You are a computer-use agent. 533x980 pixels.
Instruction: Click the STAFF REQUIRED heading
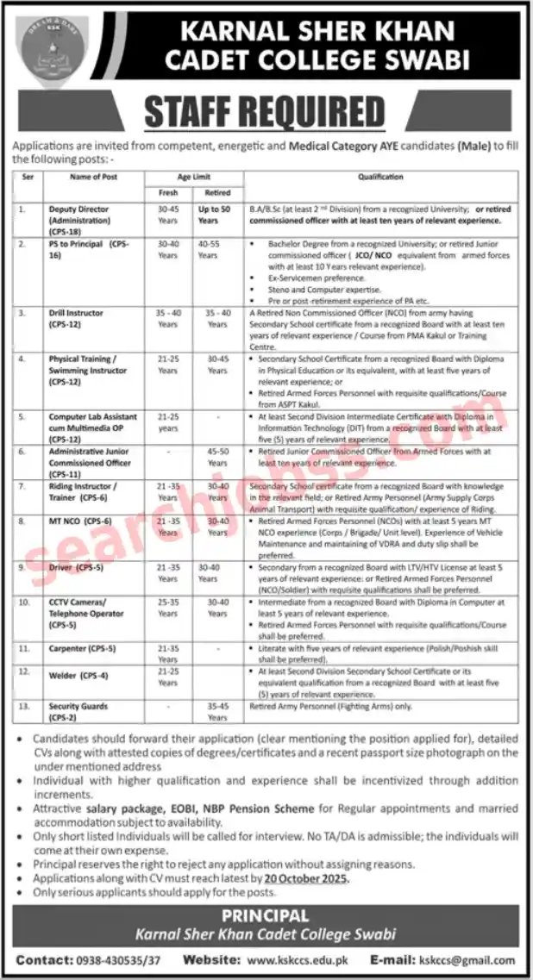click(x=265, y=112)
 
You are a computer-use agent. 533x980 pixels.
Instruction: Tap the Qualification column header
click(x=380, y=177)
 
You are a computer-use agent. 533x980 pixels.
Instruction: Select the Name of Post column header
click(x=94, y=177)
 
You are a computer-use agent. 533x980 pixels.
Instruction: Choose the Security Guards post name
click(x=78, y=706)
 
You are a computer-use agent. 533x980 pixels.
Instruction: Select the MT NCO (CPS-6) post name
click(x=81, y=521)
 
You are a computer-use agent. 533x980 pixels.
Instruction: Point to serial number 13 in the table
click(x=26, y=706)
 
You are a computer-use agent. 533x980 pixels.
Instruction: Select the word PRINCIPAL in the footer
click(x=265, y=915)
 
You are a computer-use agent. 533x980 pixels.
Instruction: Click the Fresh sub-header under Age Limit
click(x=168, y=192)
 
